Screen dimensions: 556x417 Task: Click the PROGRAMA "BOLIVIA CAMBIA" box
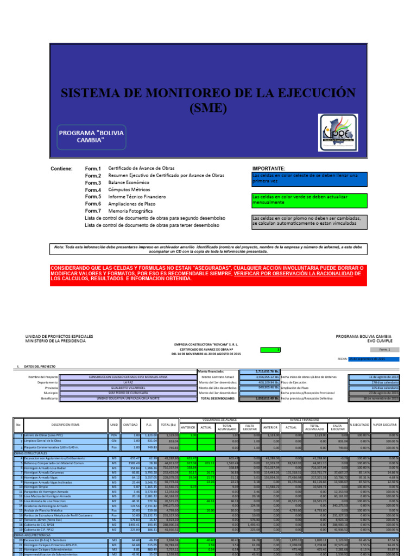click(91, 137)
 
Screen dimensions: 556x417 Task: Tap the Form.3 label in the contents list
click(93, 183)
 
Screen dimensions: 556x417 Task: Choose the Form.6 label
click(93, 204)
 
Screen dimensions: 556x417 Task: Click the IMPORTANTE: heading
click(269, 169)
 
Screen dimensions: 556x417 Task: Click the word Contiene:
click(61, 169)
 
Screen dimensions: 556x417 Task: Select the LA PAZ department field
click(128, 382)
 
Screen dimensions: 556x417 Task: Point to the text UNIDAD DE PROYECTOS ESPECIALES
click(59, 337)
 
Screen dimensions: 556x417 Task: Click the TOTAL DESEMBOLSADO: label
click(219, 399)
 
